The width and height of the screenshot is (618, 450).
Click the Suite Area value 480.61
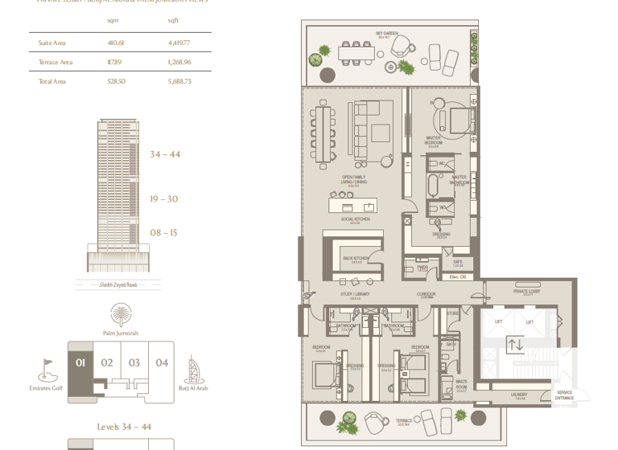click(115, 43)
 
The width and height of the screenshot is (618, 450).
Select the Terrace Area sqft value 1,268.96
click(179, 62)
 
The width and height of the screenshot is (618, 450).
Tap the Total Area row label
click(52, 81)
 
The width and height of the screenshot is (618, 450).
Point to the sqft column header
click(173, 20)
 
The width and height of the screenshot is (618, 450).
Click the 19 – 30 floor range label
click(163, 199)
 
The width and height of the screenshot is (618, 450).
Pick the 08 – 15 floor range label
click(163, 233)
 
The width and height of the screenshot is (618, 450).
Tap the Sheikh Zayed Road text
click(117, 284)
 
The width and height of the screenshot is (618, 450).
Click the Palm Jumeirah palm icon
click(121, 313)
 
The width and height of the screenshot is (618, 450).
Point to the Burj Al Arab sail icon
click(193, 370)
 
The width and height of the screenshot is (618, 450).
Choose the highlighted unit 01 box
click(80, 363)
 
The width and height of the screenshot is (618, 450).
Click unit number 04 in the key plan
click(162, 363)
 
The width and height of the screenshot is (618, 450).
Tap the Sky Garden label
click(387, 35)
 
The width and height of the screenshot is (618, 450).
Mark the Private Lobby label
click(527, 292)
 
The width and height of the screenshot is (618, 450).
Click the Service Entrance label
click(564, 395)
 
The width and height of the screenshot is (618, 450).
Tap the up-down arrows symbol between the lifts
click(515, 345)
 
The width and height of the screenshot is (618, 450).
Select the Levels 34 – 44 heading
click(124, 427)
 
